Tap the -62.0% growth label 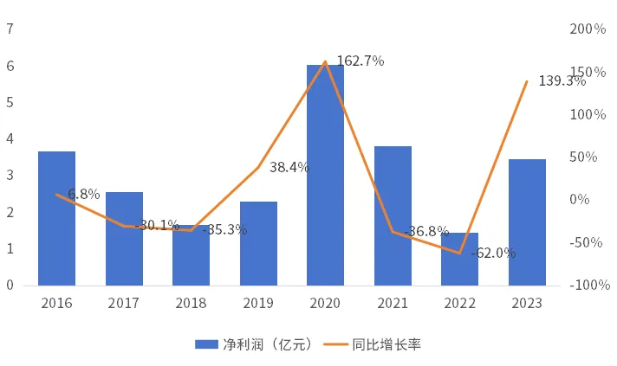493,254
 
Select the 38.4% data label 289,168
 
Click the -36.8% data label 426,231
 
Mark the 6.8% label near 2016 83,194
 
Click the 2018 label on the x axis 191,303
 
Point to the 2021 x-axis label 393,303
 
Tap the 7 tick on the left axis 10,29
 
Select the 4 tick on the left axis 10,138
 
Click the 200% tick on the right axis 588,29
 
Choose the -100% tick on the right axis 590,285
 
